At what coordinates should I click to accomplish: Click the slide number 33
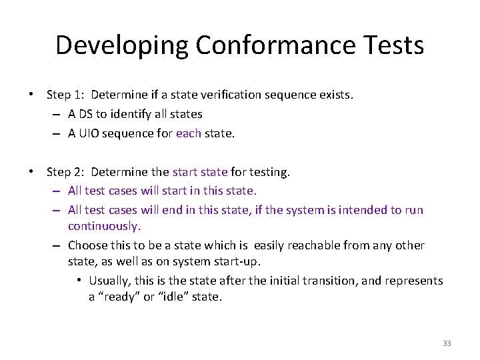click(x=447, y=343)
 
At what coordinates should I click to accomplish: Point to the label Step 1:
click(x=65, y=95)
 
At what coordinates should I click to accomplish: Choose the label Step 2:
click(x=65, y=172)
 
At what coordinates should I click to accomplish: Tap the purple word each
click(x=189, y=133)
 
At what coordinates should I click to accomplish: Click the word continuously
click(x=104, y=226)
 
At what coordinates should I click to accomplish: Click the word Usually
click(x=111, y=281)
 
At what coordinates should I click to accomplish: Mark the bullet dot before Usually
click(x=78, y=281)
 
